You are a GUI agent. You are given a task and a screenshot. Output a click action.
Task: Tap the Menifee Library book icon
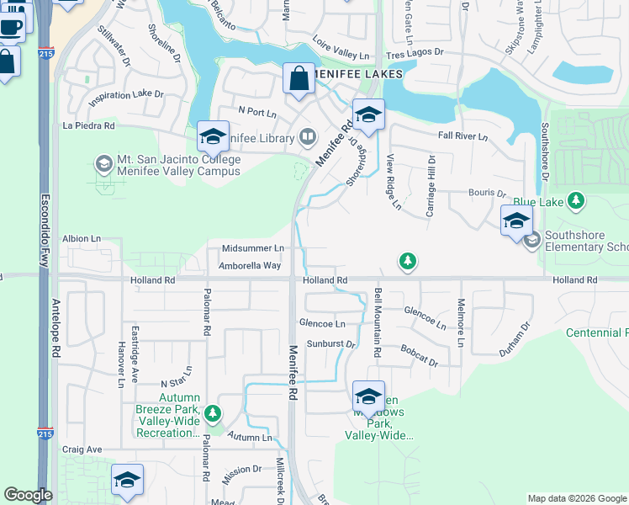308,137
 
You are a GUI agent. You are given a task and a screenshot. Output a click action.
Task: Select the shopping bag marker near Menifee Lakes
299,80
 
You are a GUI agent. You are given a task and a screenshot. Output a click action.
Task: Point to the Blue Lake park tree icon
575,201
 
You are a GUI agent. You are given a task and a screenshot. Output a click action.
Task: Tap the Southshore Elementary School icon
531,241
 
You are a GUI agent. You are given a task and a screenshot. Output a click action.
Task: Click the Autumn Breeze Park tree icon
214,412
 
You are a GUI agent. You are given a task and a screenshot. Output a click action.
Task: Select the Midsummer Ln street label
252,248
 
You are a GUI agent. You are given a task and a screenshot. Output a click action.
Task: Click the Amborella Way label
249,265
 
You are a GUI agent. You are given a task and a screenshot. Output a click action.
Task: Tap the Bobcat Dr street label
419,353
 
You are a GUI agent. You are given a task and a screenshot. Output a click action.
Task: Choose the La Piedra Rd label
88,125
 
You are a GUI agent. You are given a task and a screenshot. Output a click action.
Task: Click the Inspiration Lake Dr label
125,95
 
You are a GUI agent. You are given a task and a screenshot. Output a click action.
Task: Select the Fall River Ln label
462,136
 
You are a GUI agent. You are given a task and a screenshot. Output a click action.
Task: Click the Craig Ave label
82,449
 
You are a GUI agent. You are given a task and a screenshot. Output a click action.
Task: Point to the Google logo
28,495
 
